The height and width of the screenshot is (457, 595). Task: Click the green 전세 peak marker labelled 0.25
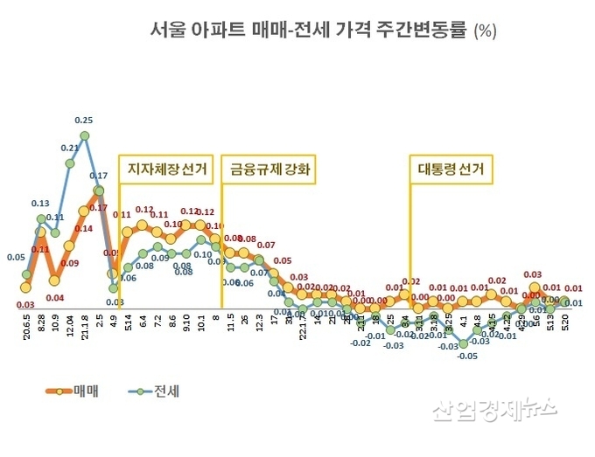[85, 135]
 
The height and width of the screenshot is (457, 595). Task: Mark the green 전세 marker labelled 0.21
[70, 163]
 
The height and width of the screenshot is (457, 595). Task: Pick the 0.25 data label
[85, 120]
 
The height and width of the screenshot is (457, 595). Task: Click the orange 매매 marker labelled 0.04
[55, 280]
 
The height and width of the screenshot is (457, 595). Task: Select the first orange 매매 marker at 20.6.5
[26, 287]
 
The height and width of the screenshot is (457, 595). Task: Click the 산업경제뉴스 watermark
[494, 408]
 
